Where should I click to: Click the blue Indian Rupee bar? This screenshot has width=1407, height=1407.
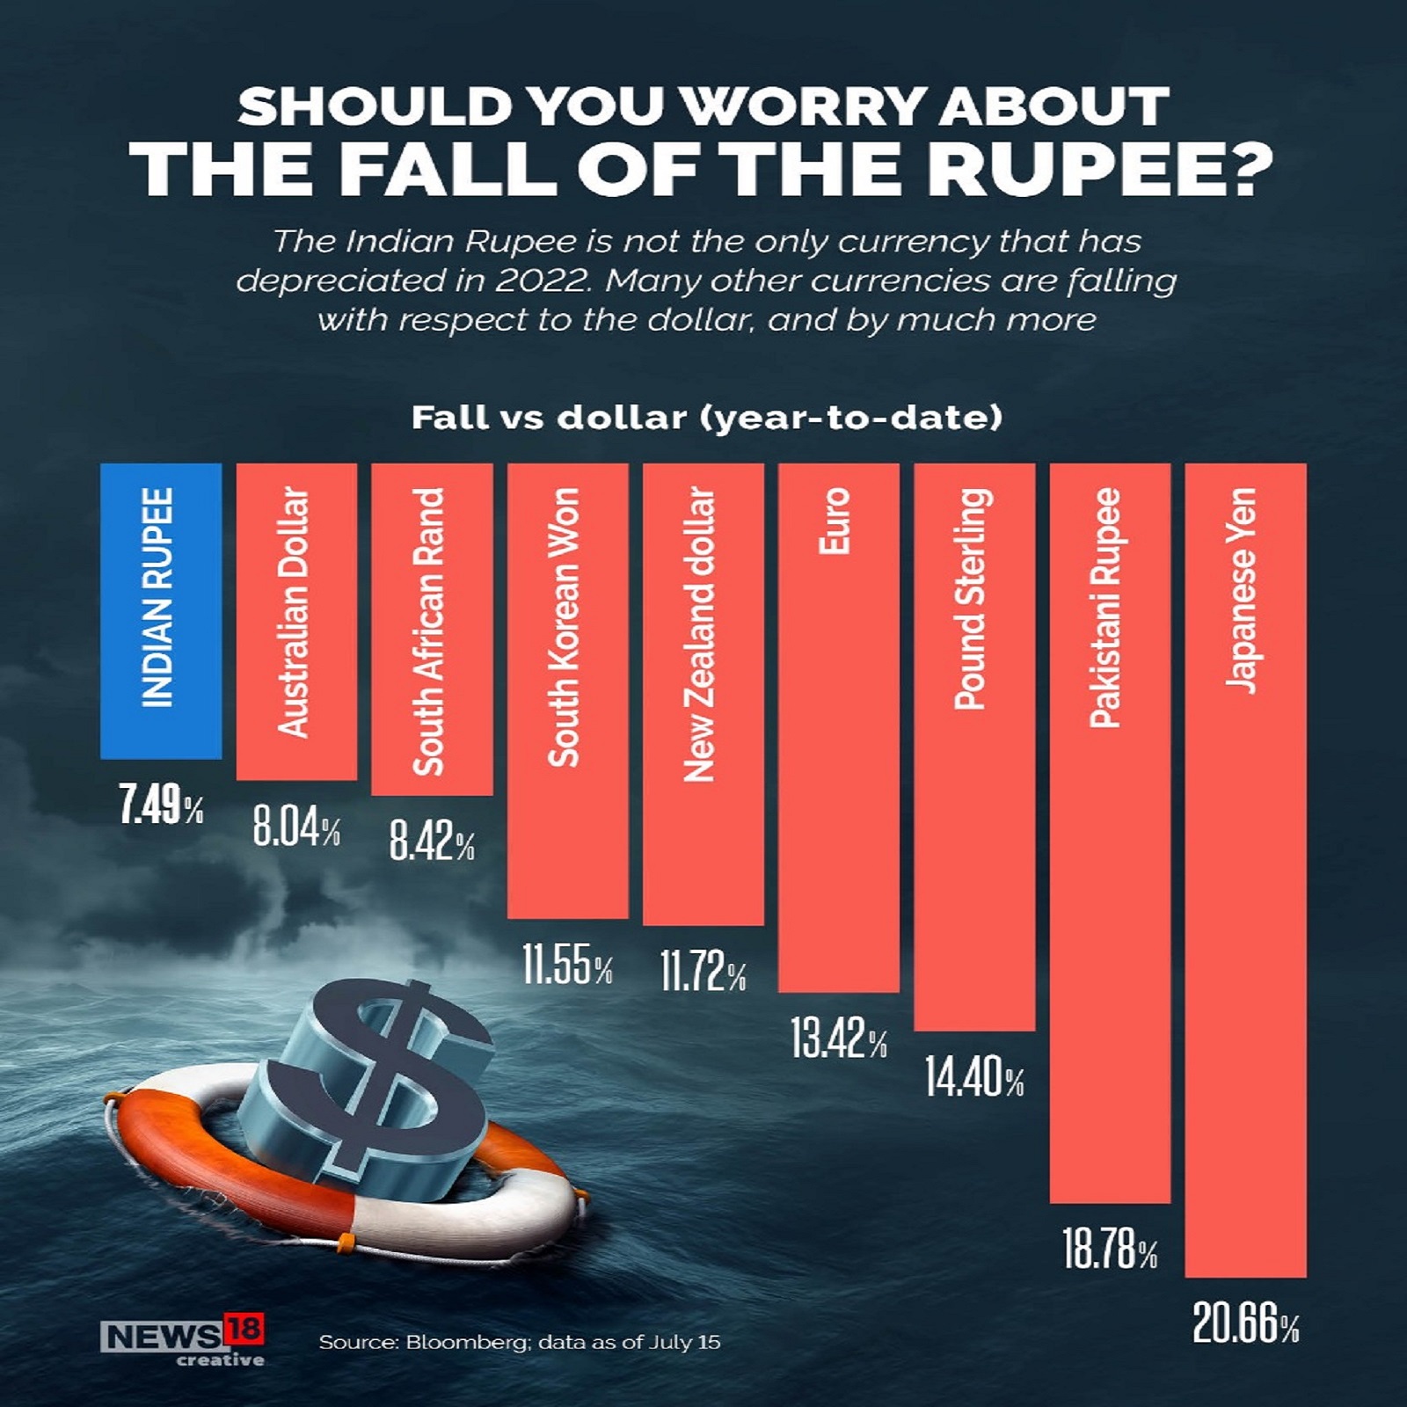click(x=161, y=610)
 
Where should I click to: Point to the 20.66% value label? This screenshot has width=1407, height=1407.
click(x=1245, y=1325)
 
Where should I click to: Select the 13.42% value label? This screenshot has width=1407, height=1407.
click(x=838, y=1039)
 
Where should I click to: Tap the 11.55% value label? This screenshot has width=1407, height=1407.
click(x=567, y=966)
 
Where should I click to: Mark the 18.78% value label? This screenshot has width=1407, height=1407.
click(x=1110, y=1250)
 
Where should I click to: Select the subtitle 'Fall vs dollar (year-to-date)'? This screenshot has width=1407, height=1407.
click(x=706, y=418)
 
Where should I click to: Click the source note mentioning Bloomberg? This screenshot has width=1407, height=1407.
click(x=519, y=1342)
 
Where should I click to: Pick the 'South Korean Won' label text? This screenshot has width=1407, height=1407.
click(x=565, y=627)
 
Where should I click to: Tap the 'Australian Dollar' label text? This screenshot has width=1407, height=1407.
click(x=295, y=612)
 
